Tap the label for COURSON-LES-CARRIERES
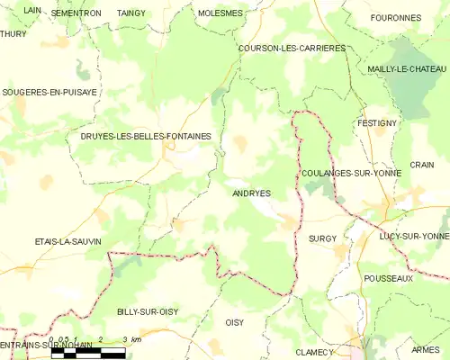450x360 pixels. [292, 48]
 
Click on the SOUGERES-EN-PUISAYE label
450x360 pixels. [49, 92]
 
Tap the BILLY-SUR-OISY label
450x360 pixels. [147, 311]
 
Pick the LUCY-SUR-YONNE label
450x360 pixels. [414, 236]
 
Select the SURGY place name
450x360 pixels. [321, 238]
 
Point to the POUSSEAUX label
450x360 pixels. [388, 279]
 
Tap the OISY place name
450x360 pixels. [234, 322]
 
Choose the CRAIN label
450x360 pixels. [421, 165]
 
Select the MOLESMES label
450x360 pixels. [219, 13]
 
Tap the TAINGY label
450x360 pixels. [130, 13]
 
